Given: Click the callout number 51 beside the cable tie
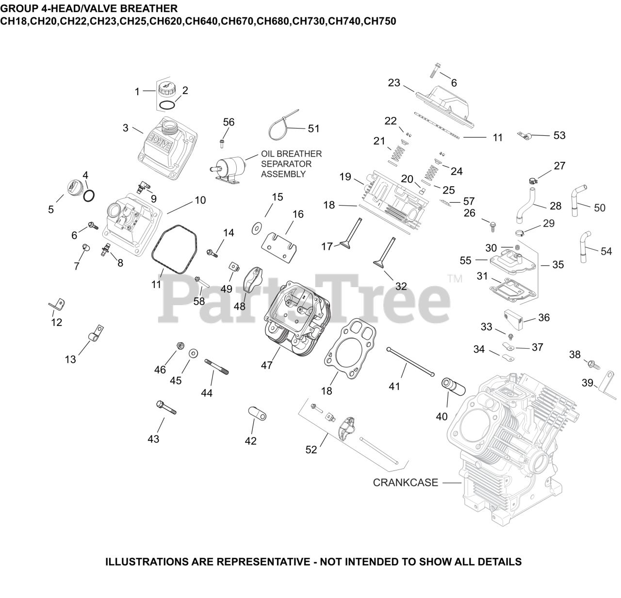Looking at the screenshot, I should tap(314, 129).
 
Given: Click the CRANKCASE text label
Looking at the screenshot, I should tap(405, 483).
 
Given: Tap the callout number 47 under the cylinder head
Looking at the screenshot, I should tap(267, 365).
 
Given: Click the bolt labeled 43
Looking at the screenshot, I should tap(166, 407).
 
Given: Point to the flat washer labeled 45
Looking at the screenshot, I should tap(193, 353).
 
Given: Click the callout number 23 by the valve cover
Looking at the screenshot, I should tap(394, 83).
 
